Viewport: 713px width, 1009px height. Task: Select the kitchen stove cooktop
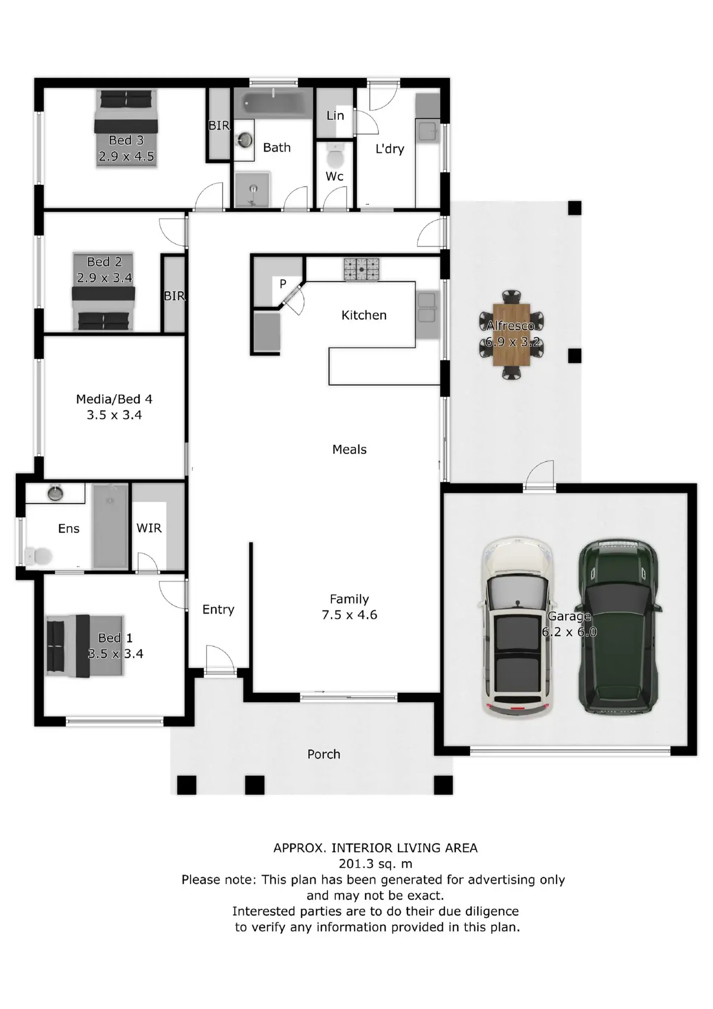(361, 269)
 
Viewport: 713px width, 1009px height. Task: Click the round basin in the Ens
(55, 493)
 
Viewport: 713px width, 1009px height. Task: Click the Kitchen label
(364, 315)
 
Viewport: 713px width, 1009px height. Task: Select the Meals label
(349, 449)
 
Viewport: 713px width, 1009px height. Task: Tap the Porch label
(323, 754)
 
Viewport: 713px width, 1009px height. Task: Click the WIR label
(149, 528)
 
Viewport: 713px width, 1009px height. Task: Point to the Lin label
(335, 116)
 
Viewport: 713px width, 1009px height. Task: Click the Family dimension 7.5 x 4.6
(349, 614)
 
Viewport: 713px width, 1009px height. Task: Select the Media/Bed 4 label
(114, 399)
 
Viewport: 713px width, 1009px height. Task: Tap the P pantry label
(283, 284)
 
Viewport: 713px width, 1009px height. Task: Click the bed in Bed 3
(126, 128)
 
